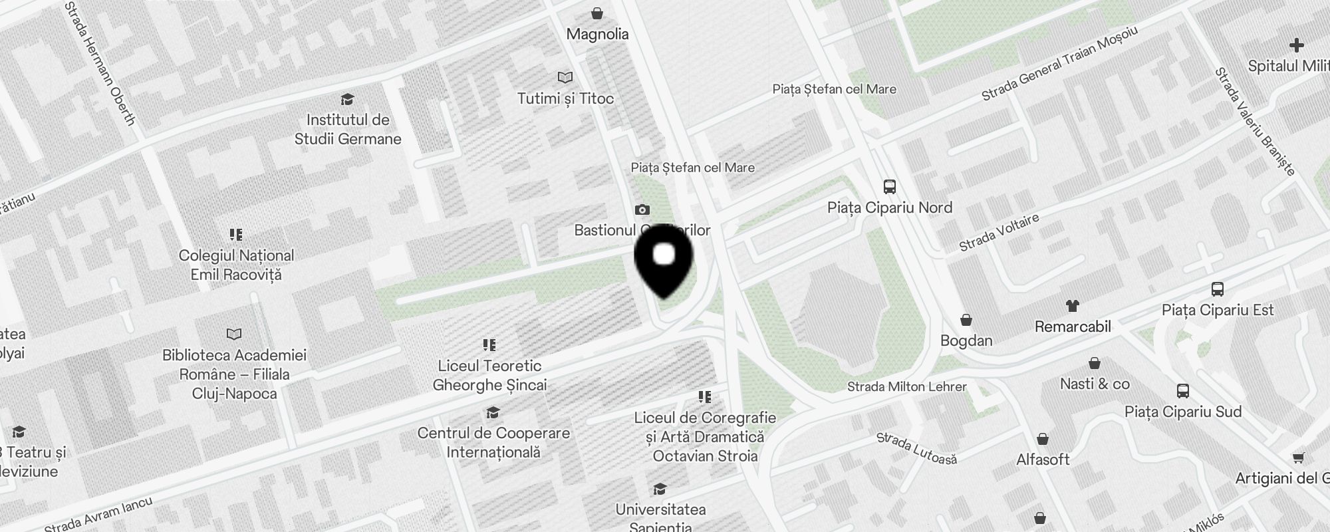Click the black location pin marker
[x=664, y=263]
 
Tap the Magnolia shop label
[x=597, y=34]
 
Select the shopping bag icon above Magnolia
[x=597, y=13]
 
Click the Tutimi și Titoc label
[x=565, y=98]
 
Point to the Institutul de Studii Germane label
[x=348, y=129]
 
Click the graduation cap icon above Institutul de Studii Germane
[x=347, y=100]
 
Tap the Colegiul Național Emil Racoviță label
[x=236, y=265]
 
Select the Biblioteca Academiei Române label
[x=235, y=374]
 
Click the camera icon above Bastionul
[x=642, y=210]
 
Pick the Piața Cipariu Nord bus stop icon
[x=890, y=187]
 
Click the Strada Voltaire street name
[x=998, y=233]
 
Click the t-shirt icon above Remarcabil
[x=1073, y=306]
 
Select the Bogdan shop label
[x=966, y=340]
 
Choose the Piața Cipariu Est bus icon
[x=1218, y=289]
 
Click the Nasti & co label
[x=1095, y=384]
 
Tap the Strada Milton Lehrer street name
[x=906, y=386]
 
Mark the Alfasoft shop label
[x=1043, y=459]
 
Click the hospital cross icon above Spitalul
[x=1296, y=45]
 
